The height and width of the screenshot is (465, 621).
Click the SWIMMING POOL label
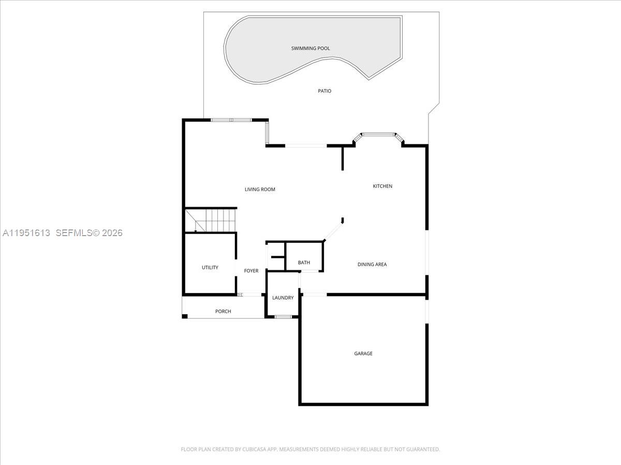tap(310, 49)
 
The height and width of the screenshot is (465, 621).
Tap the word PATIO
tap(324, 91)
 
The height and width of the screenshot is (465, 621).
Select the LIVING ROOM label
tap(260, 190)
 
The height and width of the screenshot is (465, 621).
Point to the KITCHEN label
tap(382, 186)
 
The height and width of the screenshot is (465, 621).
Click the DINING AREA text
tap(372, 265)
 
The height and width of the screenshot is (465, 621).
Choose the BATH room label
tap(304, 262)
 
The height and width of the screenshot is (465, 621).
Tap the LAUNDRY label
tap(283, 298)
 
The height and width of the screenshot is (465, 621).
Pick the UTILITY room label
tap(210, 268)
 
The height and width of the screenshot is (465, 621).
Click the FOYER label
tap(251, 271)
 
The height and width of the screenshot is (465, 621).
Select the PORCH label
tap(223, 312)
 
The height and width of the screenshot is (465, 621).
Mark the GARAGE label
tap(363, 353)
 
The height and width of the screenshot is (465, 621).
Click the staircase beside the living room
tap(211, 220)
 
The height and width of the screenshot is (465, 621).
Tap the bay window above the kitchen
tap(378, 135)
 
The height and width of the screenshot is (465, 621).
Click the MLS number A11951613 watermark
tap(26, 233)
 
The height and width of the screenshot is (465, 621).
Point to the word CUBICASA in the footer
tap(257, 450)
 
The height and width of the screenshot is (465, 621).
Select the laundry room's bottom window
tap(283, 316)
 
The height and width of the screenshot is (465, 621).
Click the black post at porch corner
tap(185, 316)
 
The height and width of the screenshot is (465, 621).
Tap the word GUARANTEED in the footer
tap(421, 450)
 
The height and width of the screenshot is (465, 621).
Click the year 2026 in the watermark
tap(112, 233)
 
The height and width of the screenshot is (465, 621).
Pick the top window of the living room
tap(231, 120)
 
